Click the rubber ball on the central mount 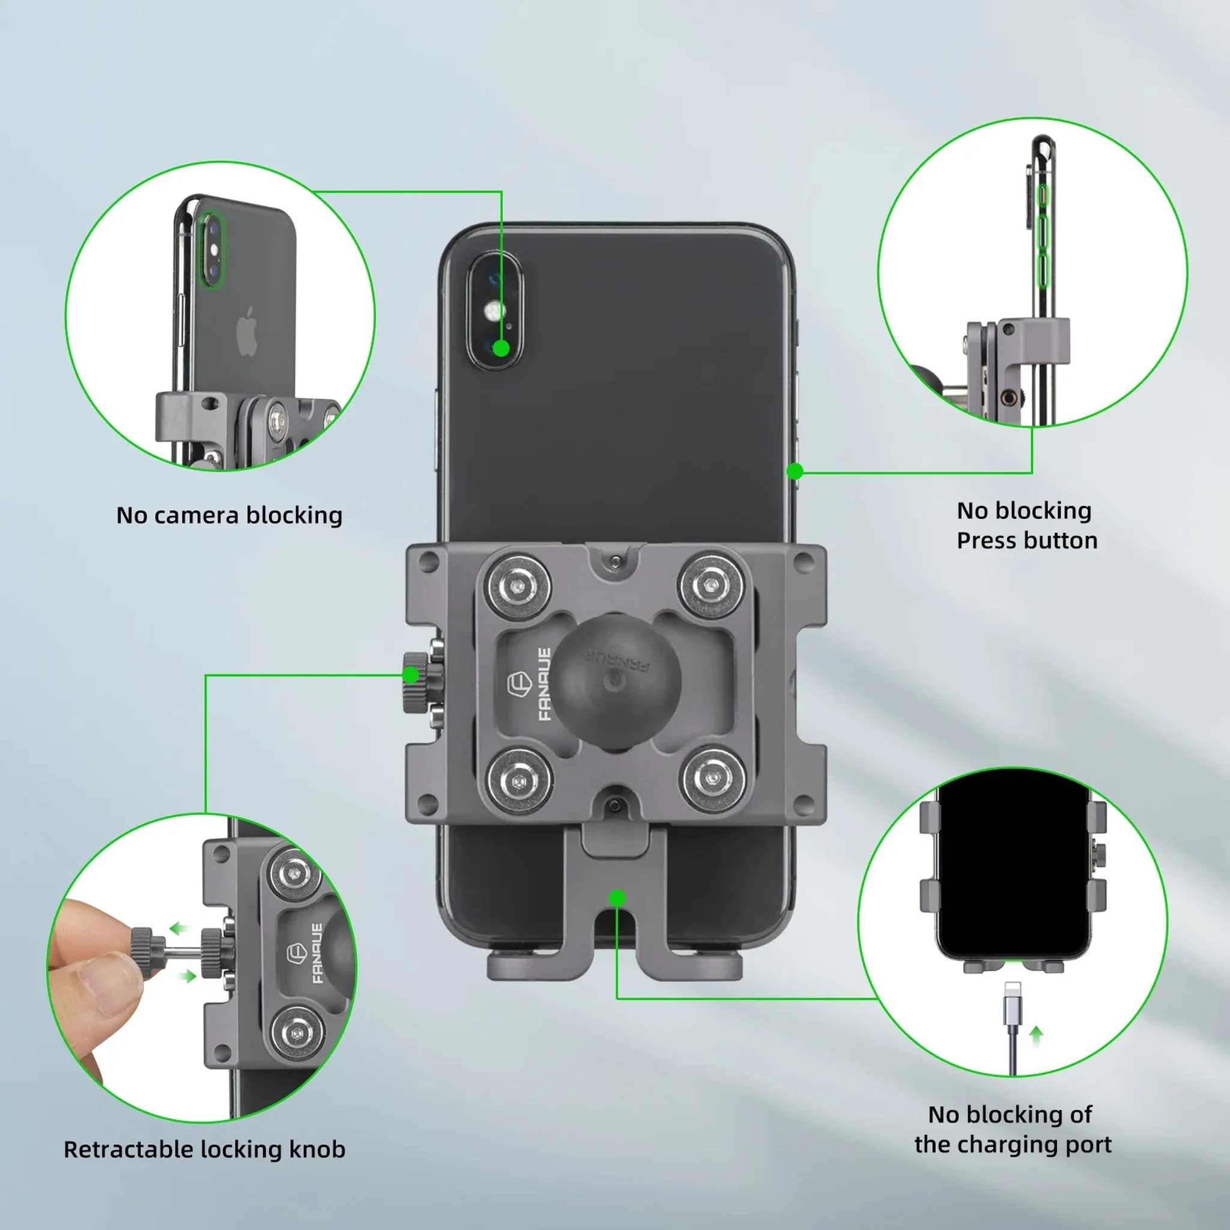click(615, 681)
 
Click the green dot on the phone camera click(501, 348)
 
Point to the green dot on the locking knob click(411, 675)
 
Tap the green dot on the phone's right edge click(795, 471)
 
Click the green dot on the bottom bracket click(616, 898)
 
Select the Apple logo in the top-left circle click(247, 331)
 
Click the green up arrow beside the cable click(1037, 1035)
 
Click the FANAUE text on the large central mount click(544, 685)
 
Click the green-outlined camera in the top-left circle click(212, 250)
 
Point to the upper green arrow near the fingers click(180, 929)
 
